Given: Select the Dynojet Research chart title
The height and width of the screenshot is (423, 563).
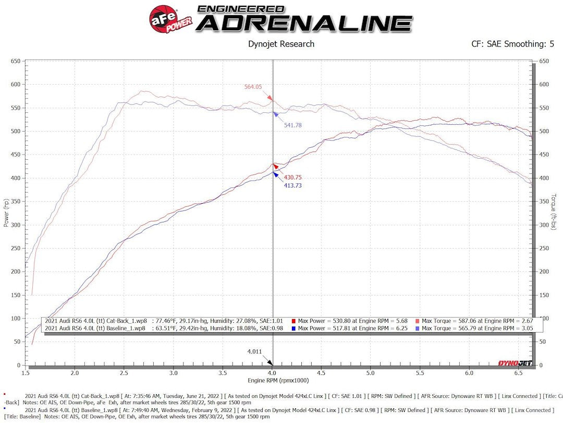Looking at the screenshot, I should point(281,44).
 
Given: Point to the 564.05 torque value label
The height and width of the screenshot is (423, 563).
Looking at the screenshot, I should point(253,87).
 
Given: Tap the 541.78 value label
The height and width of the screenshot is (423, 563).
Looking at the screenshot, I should point(292,125).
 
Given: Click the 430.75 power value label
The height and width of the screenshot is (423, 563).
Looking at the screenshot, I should point(292,178).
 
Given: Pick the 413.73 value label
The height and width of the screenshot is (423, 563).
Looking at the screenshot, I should point(292,185).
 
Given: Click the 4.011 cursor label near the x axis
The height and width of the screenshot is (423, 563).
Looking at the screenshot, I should point(254,351).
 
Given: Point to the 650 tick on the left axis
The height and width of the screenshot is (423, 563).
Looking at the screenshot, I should point(15,62).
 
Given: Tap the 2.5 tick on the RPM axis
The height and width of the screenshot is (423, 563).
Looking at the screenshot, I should point(125,373).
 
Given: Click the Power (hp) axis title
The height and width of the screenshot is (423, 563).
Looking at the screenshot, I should point(6,213).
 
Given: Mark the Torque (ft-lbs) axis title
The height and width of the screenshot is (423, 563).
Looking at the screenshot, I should point(554,211).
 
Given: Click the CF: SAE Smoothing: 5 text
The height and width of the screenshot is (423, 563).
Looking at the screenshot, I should point(512,44).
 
